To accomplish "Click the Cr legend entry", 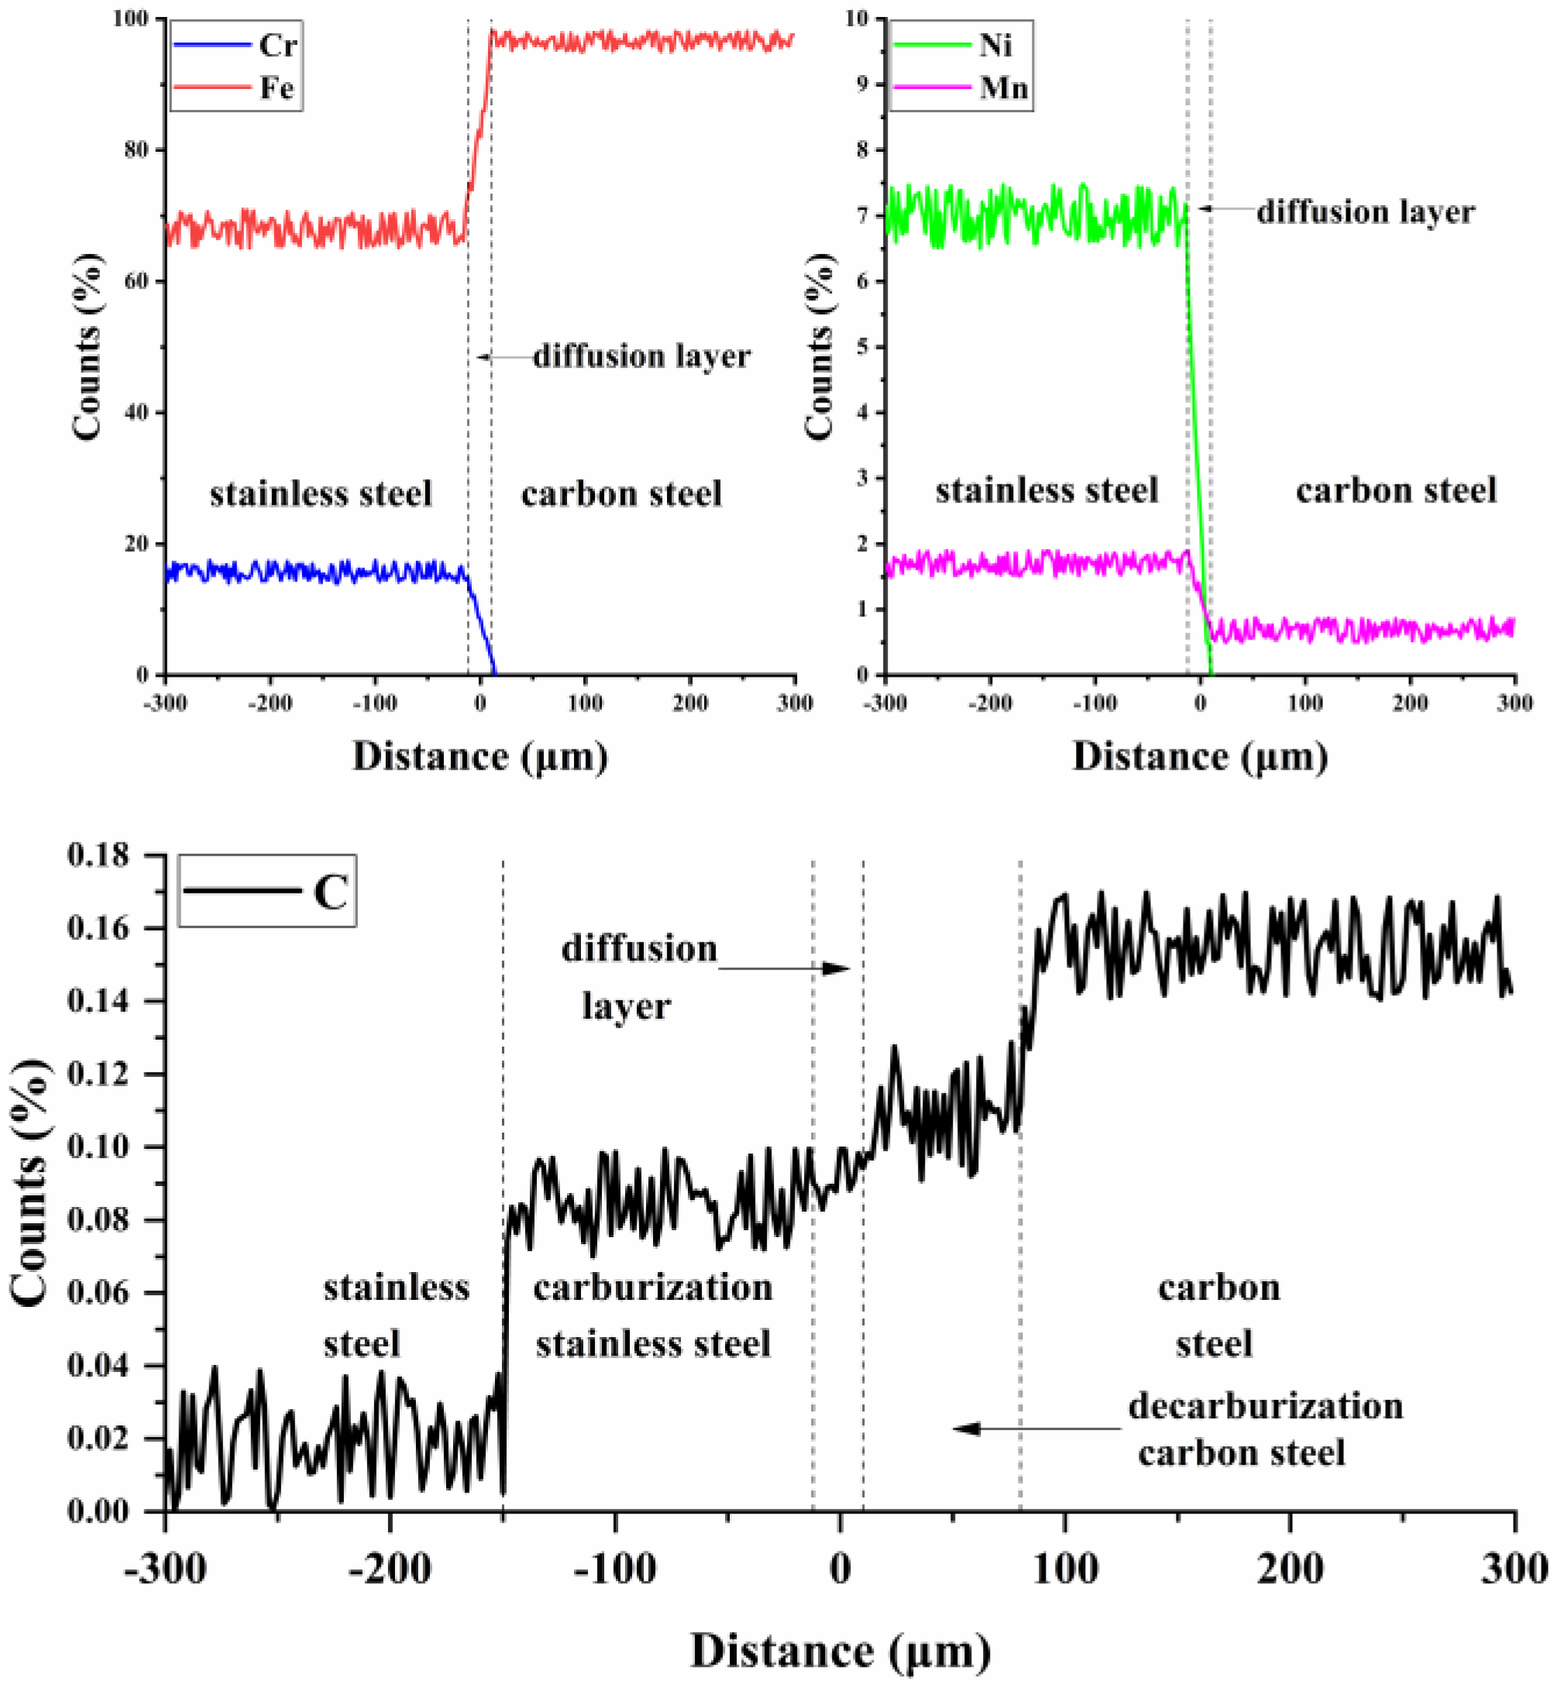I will tap(236, 46).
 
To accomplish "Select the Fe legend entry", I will tap(236, 87).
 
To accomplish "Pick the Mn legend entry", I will tap(961, 87).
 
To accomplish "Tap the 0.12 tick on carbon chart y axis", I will tap(99, 1074).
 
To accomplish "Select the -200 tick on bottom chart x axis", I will tap(391, 1569).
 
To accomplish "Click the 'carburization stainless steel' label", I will tap(653, 1315).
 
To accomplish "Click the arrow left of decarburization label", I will tap(1036, 1428).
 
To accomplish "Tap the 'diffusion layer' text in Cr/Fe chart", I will tap(641, 356).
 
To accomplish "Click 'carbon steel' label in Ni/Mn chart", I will tap(1396, 489).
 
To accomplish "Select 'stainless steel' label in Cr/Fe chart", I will tap(321, 492).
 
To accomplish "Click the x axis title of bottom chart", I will tap(840, 1651).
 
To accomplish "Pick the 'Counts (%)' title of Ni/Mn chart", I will tap(819, 345).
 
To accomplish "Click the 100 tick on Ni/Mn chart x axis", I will tap(1305, 702).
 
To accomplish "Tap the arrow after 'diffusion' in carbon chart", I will tap(785, 969).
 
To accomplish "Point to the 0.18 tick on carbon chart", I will tap(99, 855).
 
